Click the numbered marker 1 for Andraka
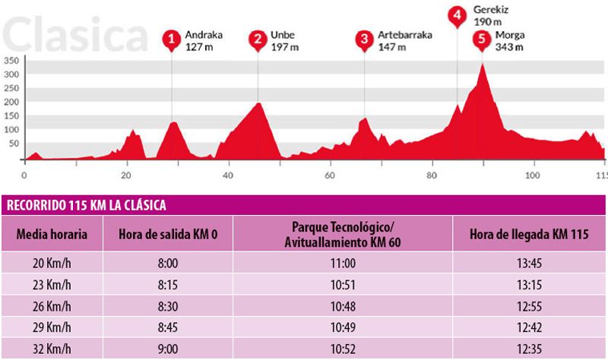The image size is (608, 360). pyautogui.click(x=172, y=39)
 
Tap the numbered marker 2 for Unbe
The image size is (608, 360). pyautogui.click(x=258, y=39)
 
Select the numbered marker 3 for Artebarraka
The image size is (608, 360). pyautogui.click(x=365, y=39)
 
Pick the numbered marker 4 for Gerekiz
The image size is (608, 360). pyautogui.click(x=457, y=14)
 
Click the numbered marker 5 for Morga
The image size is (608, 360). pyautogui.click(x=480, y=39)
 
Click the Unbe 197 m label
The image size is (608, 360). pyautogui.click(x=285, y=40)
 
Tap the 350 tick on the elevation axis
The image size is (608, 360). pyautogui.click(x=11, y=60)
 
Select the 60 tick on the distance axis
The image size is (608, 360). pyautogui.click(x=330, y=175)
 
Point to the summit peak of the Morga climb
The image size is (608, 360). pyautogui.click(x=483, y=65)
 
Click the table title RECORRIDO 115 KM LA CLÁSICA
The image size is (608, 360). pyautogui.click(x=86, y=206)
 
